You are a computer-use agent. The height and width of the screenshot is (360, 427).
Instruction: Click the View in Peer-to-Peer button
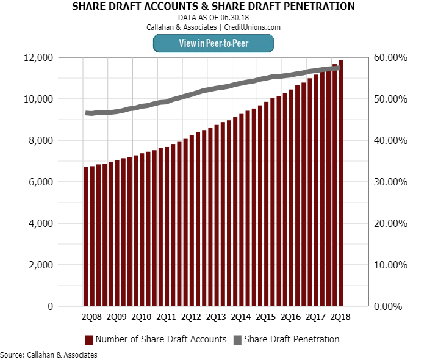click(x=213, y=43)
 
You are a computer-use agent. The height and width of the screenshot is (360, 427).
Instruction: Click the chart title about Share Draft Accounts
click(x=213, y=7)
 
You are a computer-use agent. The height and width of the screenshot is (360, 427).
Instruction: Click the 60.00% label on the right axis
click(x=390, y=57)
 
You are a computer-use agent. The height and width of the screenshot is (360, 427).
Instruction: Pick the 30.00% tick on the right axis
click(x=390, y=182)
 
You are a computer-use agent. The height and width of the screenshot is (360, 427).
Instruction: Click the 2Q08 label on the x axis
click(x=91, y=317)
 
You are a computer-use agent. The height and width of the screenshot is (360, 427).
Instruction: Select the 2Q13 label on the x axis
click(x=216, y=317)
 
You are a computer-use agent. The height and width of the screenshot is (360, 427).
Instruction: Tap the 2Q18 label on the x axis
click(x=340, y=317)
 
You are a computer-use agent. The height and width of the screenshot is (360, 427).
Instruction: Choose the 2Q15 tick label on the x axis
click(x=265, y=317)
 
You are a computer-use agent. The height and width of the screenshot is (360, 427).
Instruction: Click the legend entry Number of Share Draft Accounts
click(x=156, y=339)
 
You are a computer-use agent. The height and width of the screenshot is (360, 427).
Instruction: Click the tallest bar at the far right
click(x=340, y=183)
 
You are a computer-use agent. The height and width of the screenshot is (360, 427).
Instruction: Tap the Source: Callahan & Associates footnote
click(x=48, y=355)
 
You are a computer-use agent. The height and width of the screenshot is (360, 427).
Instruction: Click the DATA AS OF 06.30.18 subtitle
click(x=213, y=18)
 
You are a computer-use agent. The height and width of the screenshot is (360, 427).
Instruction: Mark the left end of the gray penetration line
click(x=87, y=113)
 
